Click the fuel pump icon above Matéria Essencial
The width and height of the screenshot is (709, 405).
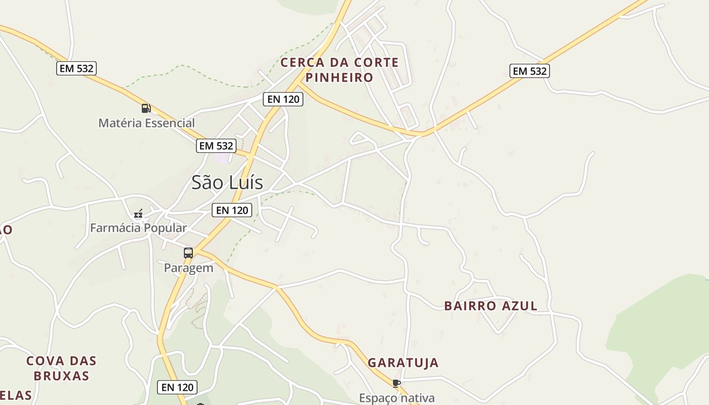[146, 108]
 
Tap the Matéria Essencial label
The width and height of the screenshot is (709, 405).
[146, 123]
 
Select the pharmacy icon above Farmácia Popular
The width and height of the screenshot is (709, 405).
[138, 214]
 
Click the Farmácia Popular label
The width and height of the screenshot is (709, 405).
[138, 228]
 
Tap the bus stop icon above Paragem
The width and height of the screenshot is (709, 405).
[188, 253]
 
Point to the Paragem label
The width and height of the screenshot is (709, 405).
[188, 268]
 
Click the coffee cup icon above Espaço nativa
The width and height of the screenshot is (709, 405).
[397, 383]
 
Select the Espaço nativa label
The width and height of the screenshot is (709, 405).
[397, 398]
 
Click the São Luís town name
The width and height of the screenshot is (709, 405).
[227, 182]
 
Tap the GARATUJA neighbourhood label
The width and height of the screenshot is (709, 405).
[403, 362]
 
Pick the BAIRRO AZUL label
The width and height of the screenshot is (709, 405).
[491, 306]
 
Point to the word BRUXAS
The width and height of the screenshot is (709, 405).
[61, 376]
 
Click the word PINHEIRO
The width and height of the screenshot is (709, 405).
[339, 77]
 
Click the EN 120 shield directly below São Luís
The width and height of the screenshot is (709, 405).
[232, 210]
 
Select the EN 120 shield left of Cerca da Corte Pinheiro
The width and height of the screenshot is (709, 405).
[283, 99]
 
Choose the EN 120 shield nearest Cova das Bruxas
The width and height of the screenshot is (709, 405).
[177, 387]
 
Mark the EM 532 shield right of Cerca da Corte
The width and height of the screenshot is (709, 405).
[530, 71]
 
